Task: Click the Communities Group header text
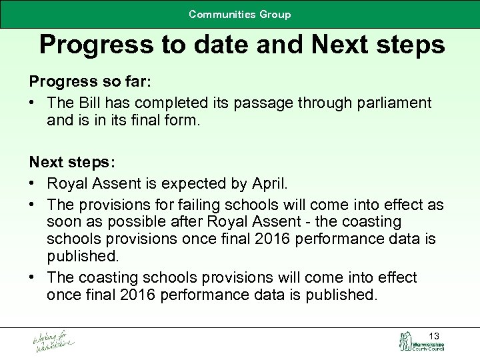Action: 239,14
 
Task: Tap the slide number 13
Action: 434,335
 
